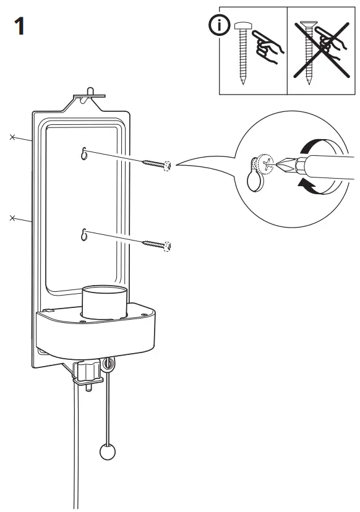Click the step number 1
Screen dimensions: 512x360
click(x=19, y=28)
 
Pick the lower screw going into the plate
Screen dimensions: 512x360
click(x=157, y=245)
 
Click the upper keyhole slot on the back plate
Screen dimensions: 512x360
click(x=84, y=155)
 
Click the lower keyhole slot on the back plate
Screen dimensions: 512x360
click(x=84, y=235)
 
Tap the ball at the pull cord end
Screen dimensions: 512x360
click(x=108, y=451)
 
